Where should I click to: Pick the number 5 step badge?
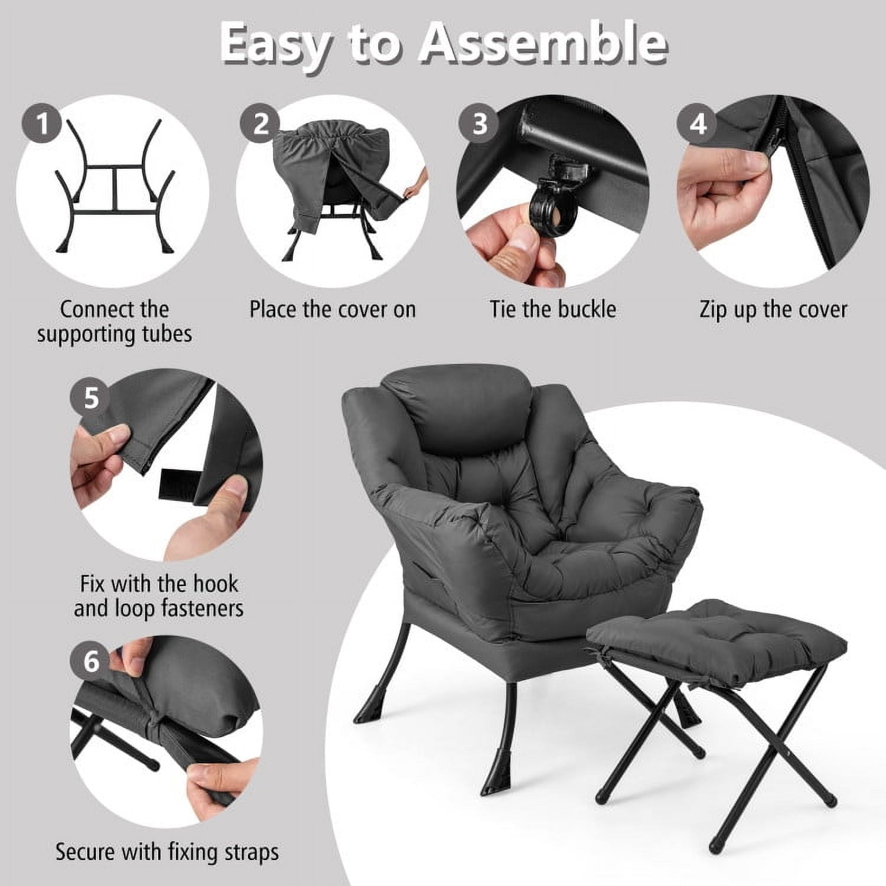coord(91,398)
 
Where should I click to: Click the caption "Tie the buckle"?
coord(552,310)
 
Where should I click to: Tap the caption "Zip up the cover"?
coord(773,310)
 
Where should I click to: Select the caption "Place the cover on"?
coord(333,310)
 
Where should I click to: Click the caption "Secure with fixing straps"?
coord(167,852)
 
